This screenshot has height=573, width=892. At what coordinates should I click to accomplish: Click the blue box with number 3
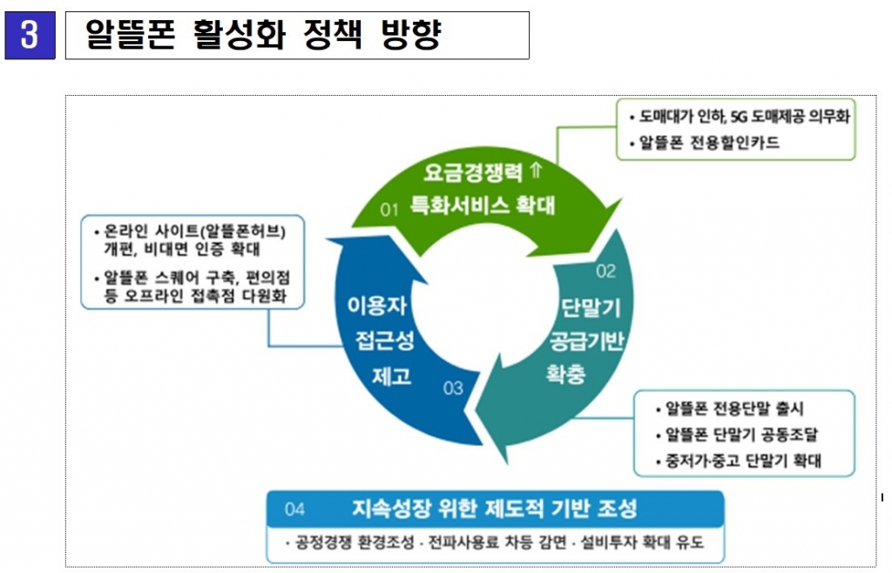pyautogui.click(x=30, y=36)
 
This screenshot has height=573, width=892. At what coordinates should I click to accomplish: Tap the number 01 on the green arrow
pyautogui.click(x=389, y=209)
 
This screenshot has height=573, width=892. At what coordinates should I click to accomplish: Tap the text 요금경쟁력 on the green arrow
pyautogui.click(x=472, y=172)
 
